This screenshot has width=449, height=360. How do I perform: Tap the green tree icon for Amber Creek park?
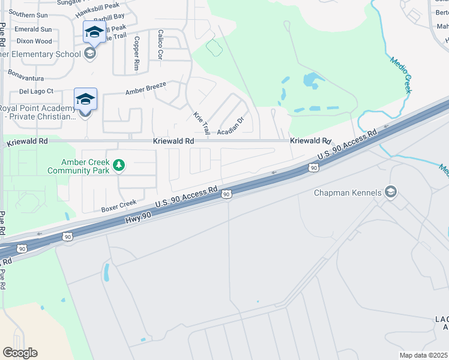pos(119,164)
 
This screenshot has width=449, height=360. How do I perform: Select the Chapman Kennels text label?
pos(348,193)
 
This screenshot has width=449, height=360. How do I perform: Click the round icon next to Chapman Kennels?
pos(391,192)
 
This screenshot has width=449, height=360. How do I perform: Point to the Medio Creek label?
pos(401,74)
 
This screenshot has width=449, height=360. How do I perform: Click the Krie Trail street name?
pos(201,122)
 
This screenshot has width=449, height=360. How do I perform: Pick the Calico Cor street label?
pos(160,44)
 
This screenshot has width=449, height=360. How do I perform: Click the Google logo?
pos(20,353)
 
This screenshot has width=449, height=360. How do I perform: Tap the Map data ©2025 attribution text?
pos(423,355)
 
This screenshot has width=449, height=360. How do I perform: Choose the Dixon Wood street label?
pos(34,41)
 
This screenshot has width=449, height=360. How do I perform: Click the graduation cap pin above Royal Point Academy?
pos(85,98)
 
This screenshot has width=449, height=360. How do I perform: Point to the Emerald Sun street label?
pos(34,29)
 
